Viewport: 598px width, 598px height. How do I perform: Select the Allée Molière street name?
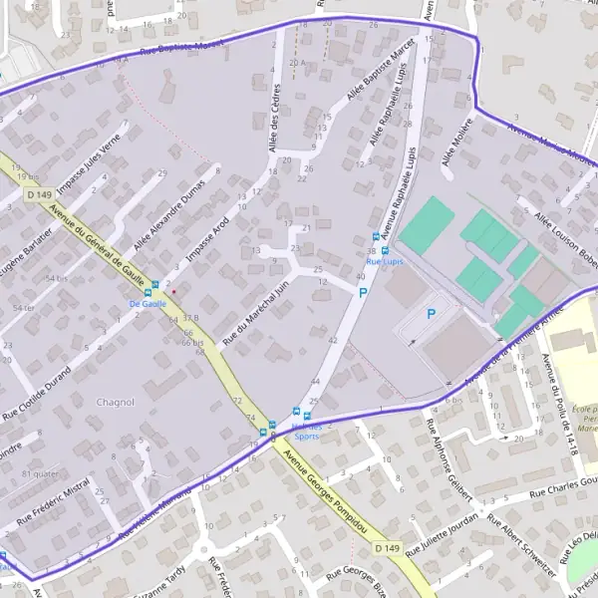(456, 145)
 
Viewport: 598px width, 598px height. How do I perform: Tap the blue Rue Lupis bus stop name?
(385, 261)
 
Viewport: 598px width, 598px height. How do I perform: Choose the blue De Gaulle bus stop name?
(147, 302)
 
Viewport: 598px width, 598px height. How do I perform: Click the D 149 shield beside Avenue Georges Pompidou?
(389, 549)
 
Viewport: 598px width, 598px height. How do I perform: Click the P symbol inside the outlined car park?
(431, 313)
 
